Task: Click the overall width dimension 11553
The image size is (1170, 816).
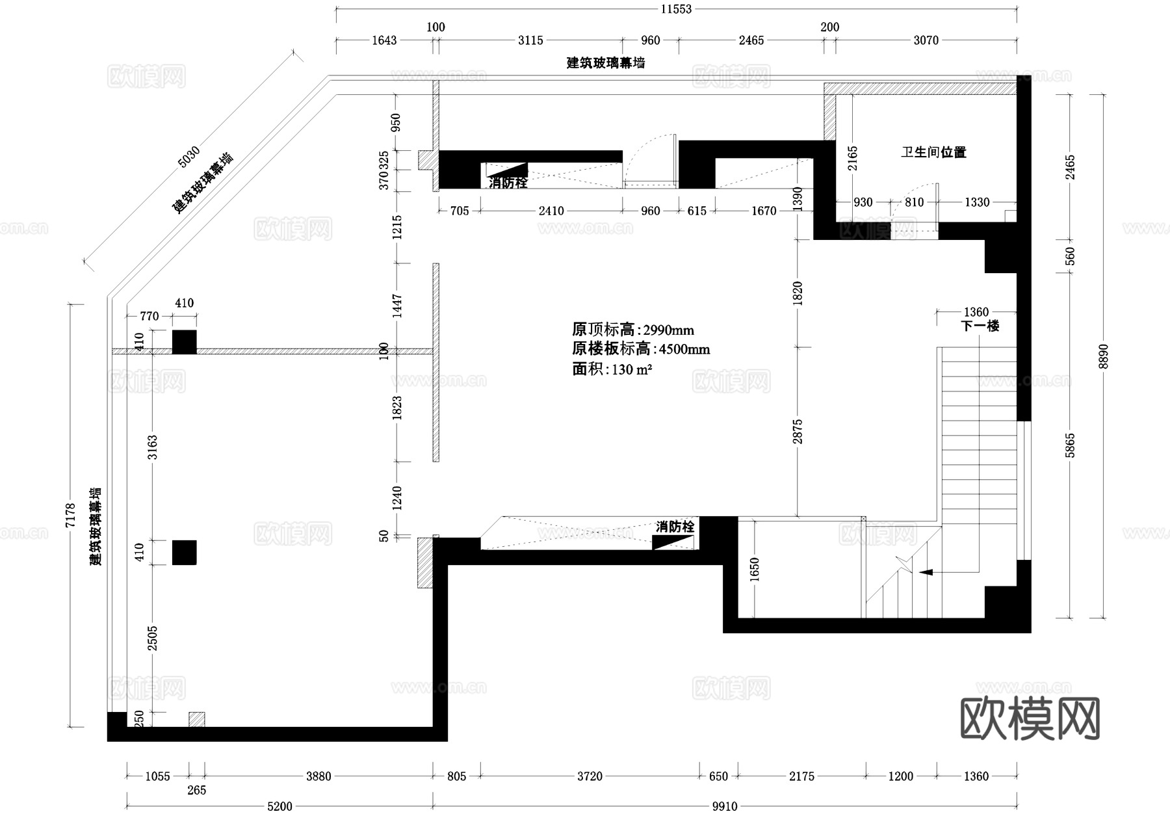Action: click(676, 9)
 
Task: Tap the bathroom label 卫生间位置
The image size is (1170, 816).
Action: click(933, 152)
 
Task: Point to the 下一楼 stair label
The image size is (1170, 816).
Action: click(980, 326)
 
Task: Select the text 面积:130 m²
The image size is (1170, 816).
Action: click(612, 369)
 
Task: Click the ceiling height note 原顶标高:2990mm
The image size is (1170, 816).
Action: click(632, 330)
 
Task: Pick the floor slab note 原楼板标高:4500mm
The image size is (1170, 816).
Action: click(640, 349)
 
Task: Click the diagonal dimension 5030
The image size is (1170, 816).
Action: click(188, 156)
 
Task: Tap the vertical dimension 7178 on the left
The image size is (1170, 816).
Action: click(71, 515)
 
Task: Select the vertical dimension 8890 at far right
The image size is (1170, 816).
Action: click(1103, 356)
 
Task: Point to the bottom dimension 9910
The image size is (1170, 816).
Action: click(724, 806)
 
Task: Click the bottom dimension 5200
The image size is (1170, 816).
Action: click(279, 806)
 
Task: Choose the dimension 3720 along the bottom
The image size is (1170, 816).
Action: click(590, 776)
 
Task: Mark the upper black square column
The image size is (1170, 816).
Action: click(184, 342)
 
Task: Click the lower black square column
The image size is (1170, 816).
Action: click(184, 552)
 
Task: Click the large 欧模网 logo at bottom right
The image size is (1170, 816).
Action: click(1030, 719)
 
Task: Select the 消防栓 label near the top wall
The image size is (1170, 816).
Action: click(508, 183)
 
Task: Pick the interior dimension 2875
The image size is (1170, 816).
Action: click(798, 432)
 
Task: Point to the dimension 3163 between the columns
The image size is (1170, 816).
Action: click(152, 447)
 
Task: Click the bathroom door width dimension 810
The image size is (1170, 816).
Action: click(914, 202)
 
